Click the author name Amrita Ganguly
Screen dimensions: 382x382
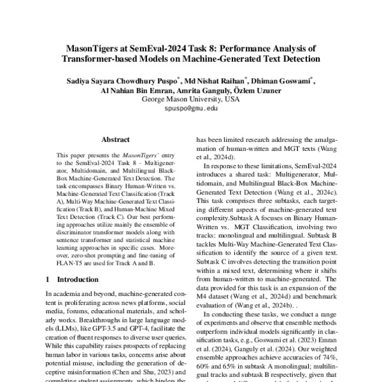point(208,90)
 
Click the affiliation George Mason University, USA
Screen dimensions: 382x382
point(190,100)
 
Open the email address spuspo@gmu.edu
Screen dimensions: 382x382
point(190,109)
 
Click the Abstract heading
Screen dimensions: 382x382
point(116,139)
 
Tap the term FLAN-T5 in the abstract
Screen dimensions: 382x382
point(72,260)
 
